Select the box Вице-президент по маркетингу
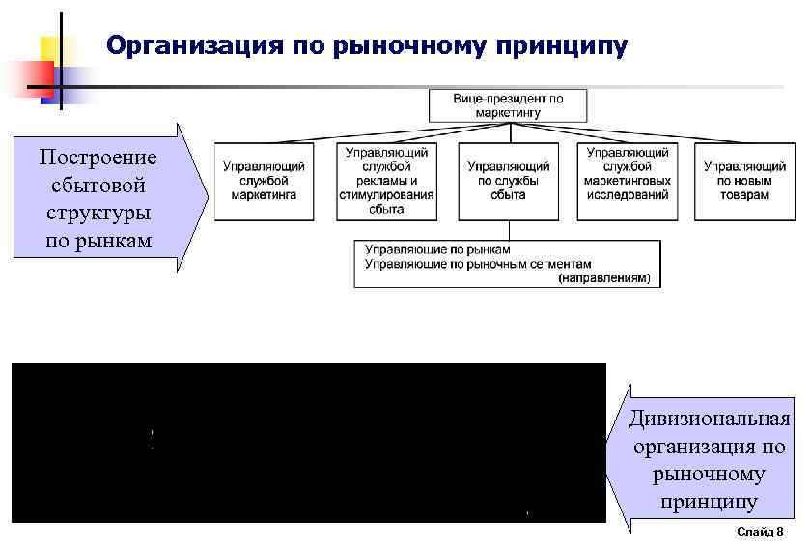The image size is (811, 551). pos(508,105)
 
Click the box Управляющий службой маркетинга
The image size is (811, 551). pos(264,181)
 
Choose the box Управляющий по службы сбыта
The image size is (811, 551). pos(508,181)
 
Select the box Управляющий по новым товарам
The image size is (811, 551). pos(743,181)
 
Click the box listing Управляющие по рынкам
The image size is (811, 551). pos(508,264)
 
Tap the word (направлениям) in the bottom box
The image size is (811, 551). pos(604,278)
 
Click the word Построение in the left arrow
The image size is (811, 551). pos(98,157)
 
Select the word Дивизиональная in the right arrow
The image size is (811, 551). pos(709,419)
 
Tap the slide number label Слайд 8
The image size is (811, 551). pos(760,533)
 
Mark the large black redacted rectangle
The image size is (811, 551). pos(309,443)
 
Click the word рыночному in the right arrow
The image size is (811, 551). pos(709,475)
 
